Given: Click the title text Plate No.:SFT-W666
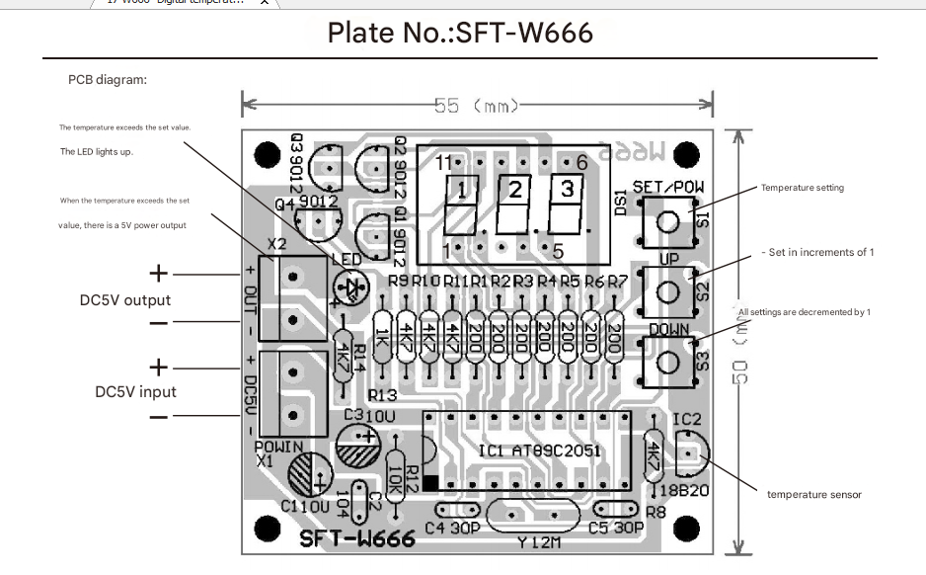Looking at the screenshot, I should pyautogui.click(x=460, y=33).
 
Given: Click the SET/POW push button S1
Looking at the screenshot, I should pyautogui.click(x=668, y=221).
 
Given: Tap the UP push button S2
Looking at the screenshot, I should pyautogui.click(x=668, y=291).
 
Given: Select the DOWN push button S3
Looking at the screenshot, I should pyautogui.click(x=668, y=361).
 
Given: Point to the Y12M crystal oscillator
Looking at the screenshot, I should pyautogui.click(x=534, y=517).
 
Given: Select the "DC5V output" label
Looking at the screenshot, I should pyautogui.click(x=125, y=300).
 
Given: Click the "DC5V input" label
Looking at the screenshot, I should pyautogui.click(x=135, y=391).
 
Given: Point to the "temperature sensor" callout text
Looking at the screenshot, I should pyautogui.click(x=813, y=495).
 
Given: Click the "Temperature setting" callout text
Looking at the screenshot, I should pyautogui.click(x=802, y=188).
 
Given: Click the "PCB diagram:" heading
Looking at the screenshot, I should pyautogui.click(x=108, y=80).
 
